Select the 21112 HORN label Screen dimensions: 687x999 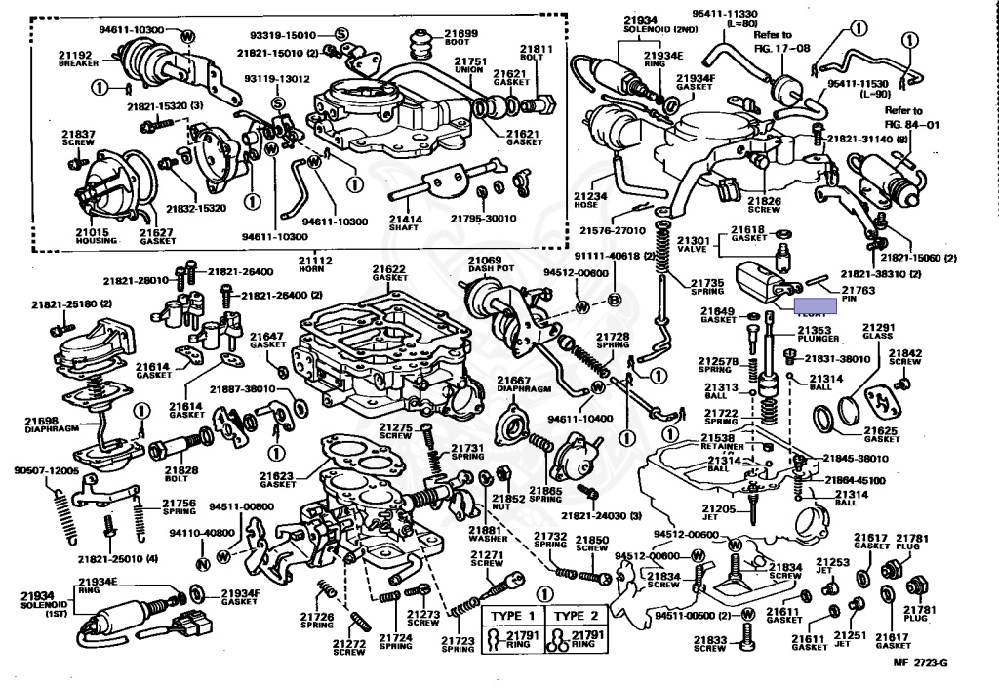315,265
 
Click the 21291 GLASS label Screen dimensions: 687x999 878,331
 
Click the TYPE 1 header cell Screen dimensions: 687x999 512,616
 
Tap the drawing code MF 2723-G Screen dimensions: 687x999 921,665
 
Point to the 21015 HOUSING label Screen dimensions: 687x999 97,235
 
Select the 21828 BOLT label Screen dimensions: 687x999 181,475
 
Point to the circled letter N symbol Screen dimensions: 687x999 202,563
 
